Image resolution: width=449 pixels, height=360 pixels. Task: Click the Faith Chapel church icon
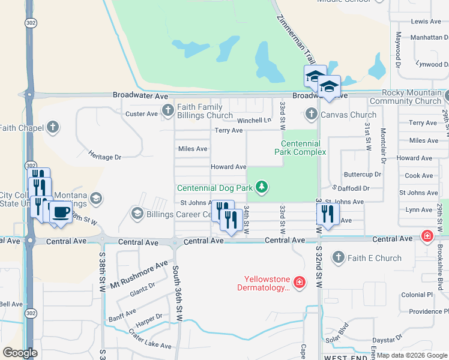click(53, 127)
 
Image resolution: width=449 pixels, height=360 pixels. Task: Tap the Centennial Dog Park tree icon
click(261, 188)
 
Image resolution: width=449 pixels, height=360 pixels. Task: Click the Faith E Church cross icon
click(338, 258)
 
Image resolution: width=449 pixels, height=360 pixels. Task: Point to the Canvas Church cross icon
click(311, 113)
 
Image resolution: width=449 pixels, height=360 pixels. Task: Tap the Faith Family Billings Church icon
click(167, 110)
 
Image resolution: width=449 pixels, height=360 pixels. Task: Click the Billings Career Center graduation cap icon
click(137, 214)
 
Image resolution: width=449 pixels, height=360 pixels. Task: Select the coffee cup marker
click(61, 211)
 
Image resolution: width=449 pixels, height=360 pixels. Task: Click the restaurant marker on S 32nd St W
click(328, 214)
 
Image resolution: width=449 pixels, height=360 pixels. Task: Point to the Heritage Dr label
click(105, 157)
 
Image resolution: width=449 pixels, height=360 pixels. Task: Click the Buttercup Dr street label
click(362, 175)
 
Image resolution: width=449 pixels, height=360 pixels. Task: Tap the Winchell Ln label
click(254, 120)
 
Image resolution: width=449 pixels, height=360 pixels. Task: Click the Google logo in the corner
click(20, 353)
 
